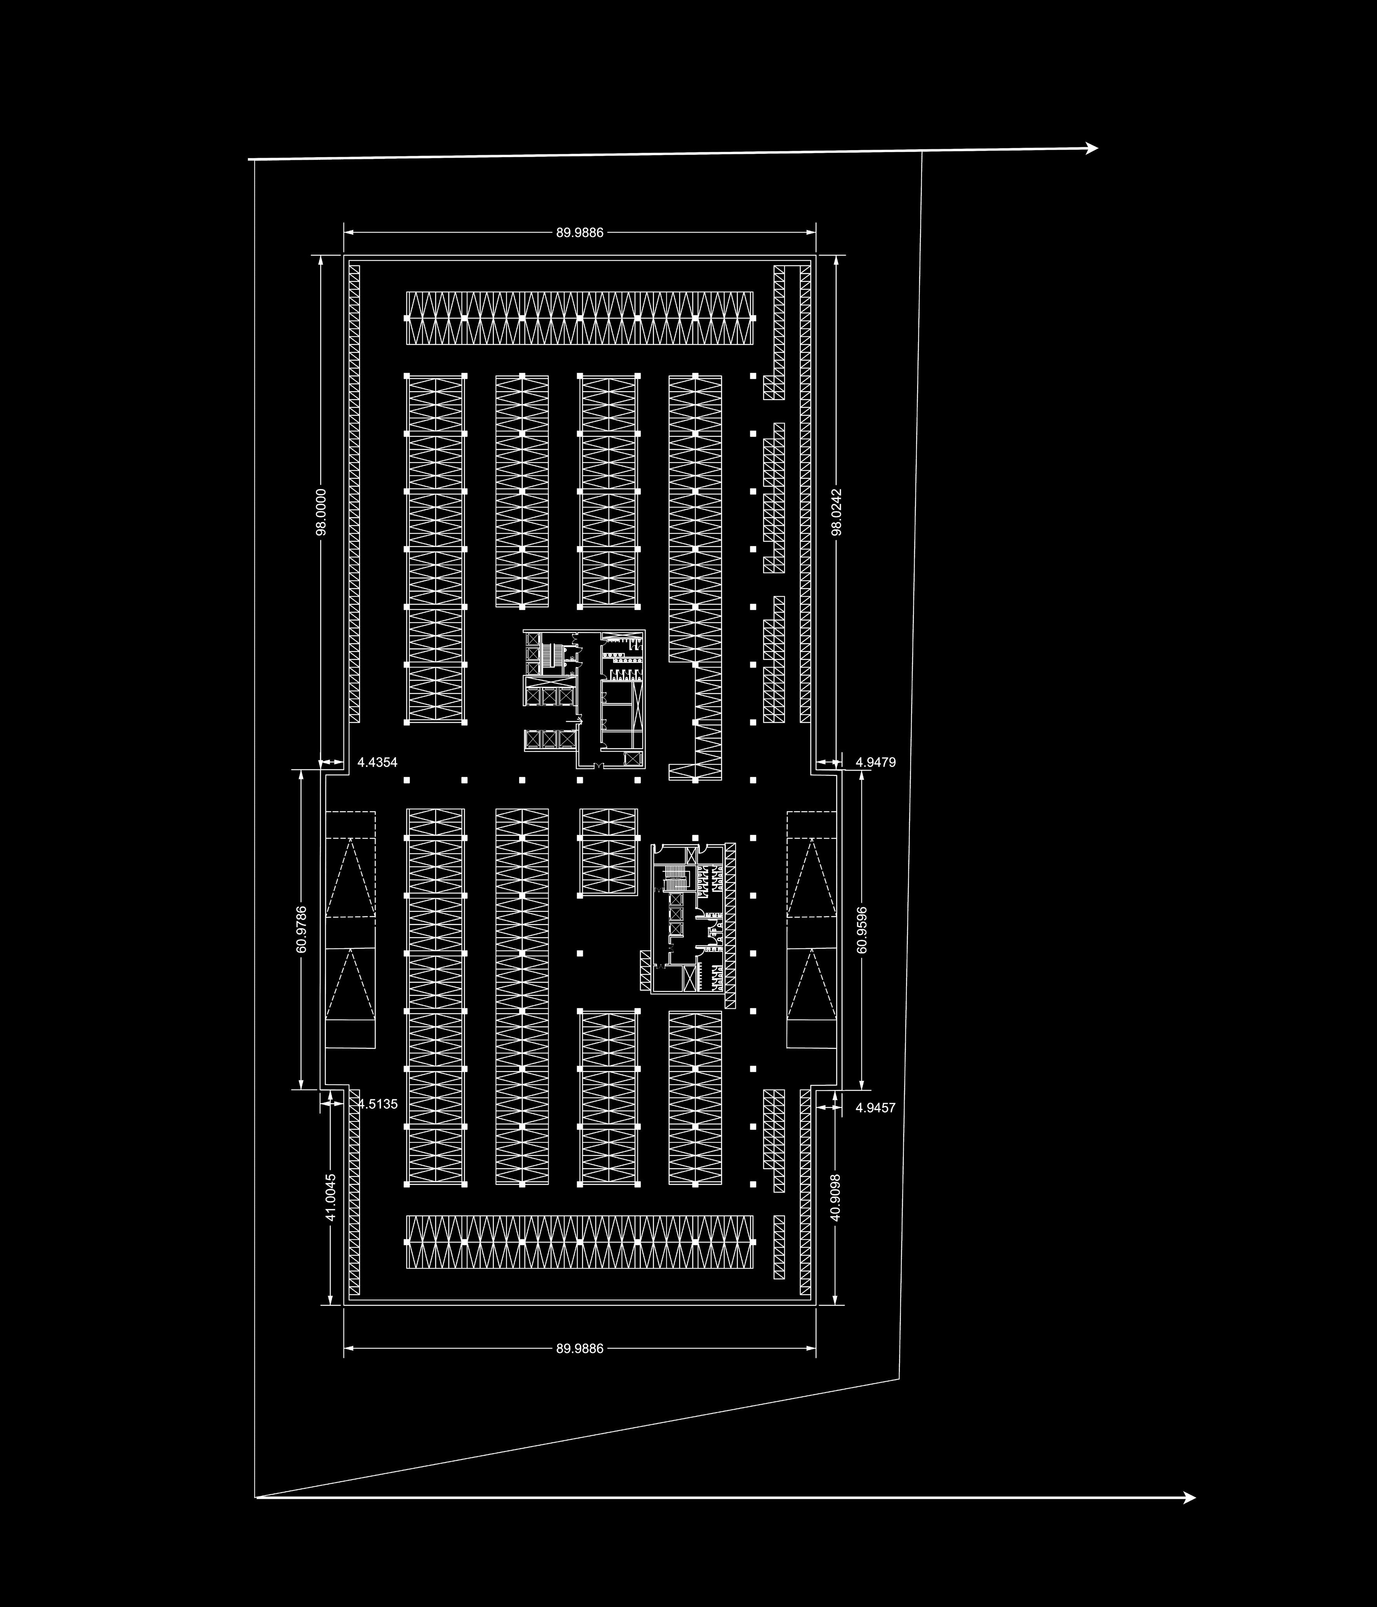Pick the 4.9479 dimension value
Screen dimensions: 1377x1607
point(875,762)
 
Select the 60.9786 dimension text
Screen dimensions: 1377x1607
point(302,929)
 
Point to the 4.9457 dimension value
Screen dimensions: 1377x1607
point(875,1107)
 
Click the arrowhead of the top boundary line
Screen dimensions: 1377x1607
point(1093,148)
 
